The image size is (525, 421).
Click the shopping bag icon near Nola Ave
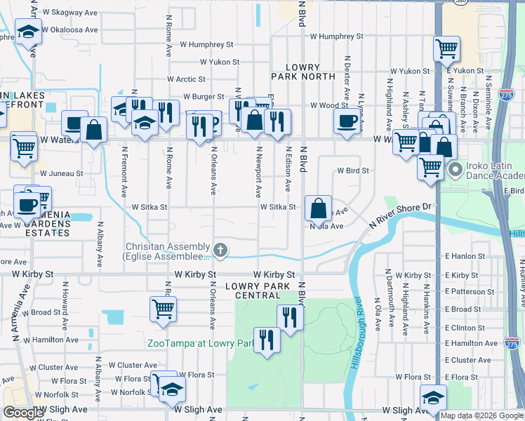click(319, 208)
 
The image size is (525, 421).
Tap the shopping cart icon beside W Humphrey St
click(446, 48)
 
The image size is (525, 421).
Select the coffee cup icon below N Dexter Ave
click(347, 121)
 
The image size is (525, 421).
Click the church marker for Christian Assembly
click(220, 249)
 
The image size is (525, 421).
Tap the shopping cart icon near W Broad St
click(163, 307)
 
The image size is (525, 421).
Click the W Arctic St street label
click(186, 80)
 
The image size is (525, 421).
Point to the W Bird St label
click(352, 171)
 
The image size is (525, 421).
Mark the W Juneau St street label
click(62, 173)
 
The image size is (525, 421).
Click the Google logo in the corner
click(24, 413)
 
